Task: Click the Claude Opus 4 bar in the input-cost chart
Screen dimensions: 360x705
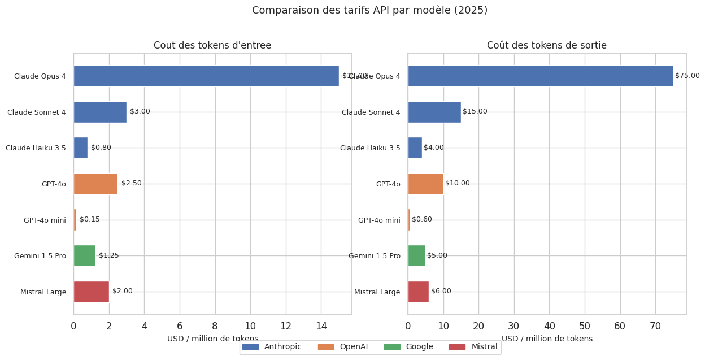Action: (206, 76)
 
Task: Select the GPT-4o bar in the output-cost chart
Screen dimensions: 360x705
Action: (425, 184)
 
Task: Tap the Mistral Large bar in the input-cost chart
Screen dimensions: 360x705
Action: (91, 292)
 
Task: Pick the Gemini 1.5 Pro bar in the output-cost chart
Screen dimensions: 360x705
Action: (416, 255)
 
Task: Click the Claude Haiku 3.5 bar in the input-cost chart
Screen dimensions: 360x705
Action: (80, 148)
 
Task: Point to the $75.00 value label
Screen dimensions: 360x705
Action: (687, 76)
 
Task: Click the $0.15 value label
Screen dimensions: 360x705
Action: (90, 219)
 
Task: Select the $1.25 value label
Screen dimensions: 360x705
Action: (109, 255)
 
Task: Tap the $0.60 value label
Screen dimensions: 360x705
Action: (422, 219)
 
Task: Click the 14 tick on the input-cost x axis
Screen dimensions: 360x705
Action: (321, 326)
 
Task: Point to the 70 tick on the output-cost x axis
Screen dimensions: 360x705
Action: (655, 326)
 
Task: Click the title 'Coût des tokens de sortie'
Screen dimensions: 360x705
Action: (547, 46)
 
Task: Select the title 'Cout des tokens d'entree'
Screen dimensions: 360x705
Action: (212, 46)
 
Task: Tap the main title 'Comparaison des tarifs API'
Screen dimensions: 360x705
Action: (369, 11)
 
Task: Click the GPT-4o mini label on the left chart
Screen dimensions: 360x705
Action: (45, 220)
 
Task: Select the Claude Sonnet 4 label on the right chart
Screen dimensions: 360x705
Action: (371, 112)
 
